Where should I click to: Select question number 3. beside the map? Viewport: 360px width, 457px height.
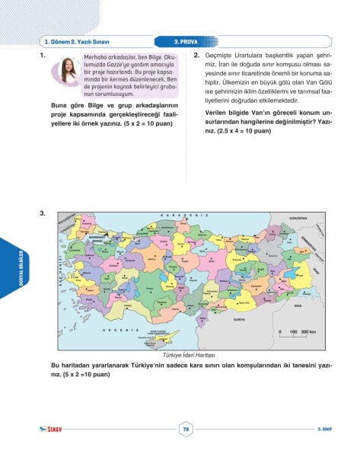point(43,214)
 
